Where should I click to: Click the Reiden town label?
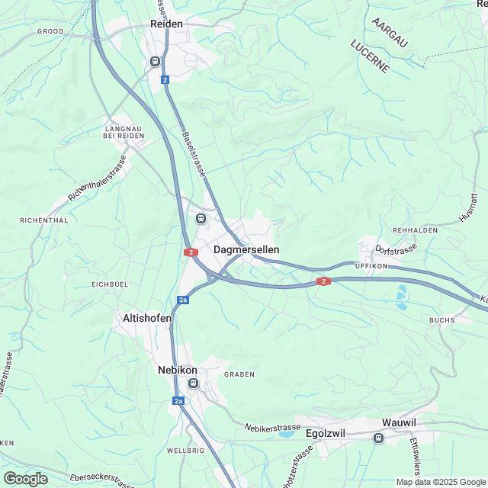click(167, 24)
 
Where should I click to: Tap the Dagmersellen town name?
click(246, 249)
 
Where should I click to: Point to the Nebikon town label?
click(177, 370)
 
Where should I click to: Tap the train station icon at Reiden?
click(156, 62)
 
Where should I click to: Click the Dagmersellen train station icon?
click(201, 218)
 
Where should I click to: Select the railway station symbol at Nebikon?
click(193, 383)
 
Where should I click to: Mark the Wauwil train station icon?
click(378, 438)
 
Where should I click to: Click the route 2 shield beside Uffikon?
click(324, 282)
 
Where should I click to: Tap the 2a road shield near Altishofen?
click(182, 300)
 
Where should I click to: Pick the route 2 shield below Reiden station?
click(165, 79)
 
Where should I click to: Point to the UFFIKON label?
click(371, 265)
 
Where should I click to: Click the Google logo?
click(25, 478)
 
